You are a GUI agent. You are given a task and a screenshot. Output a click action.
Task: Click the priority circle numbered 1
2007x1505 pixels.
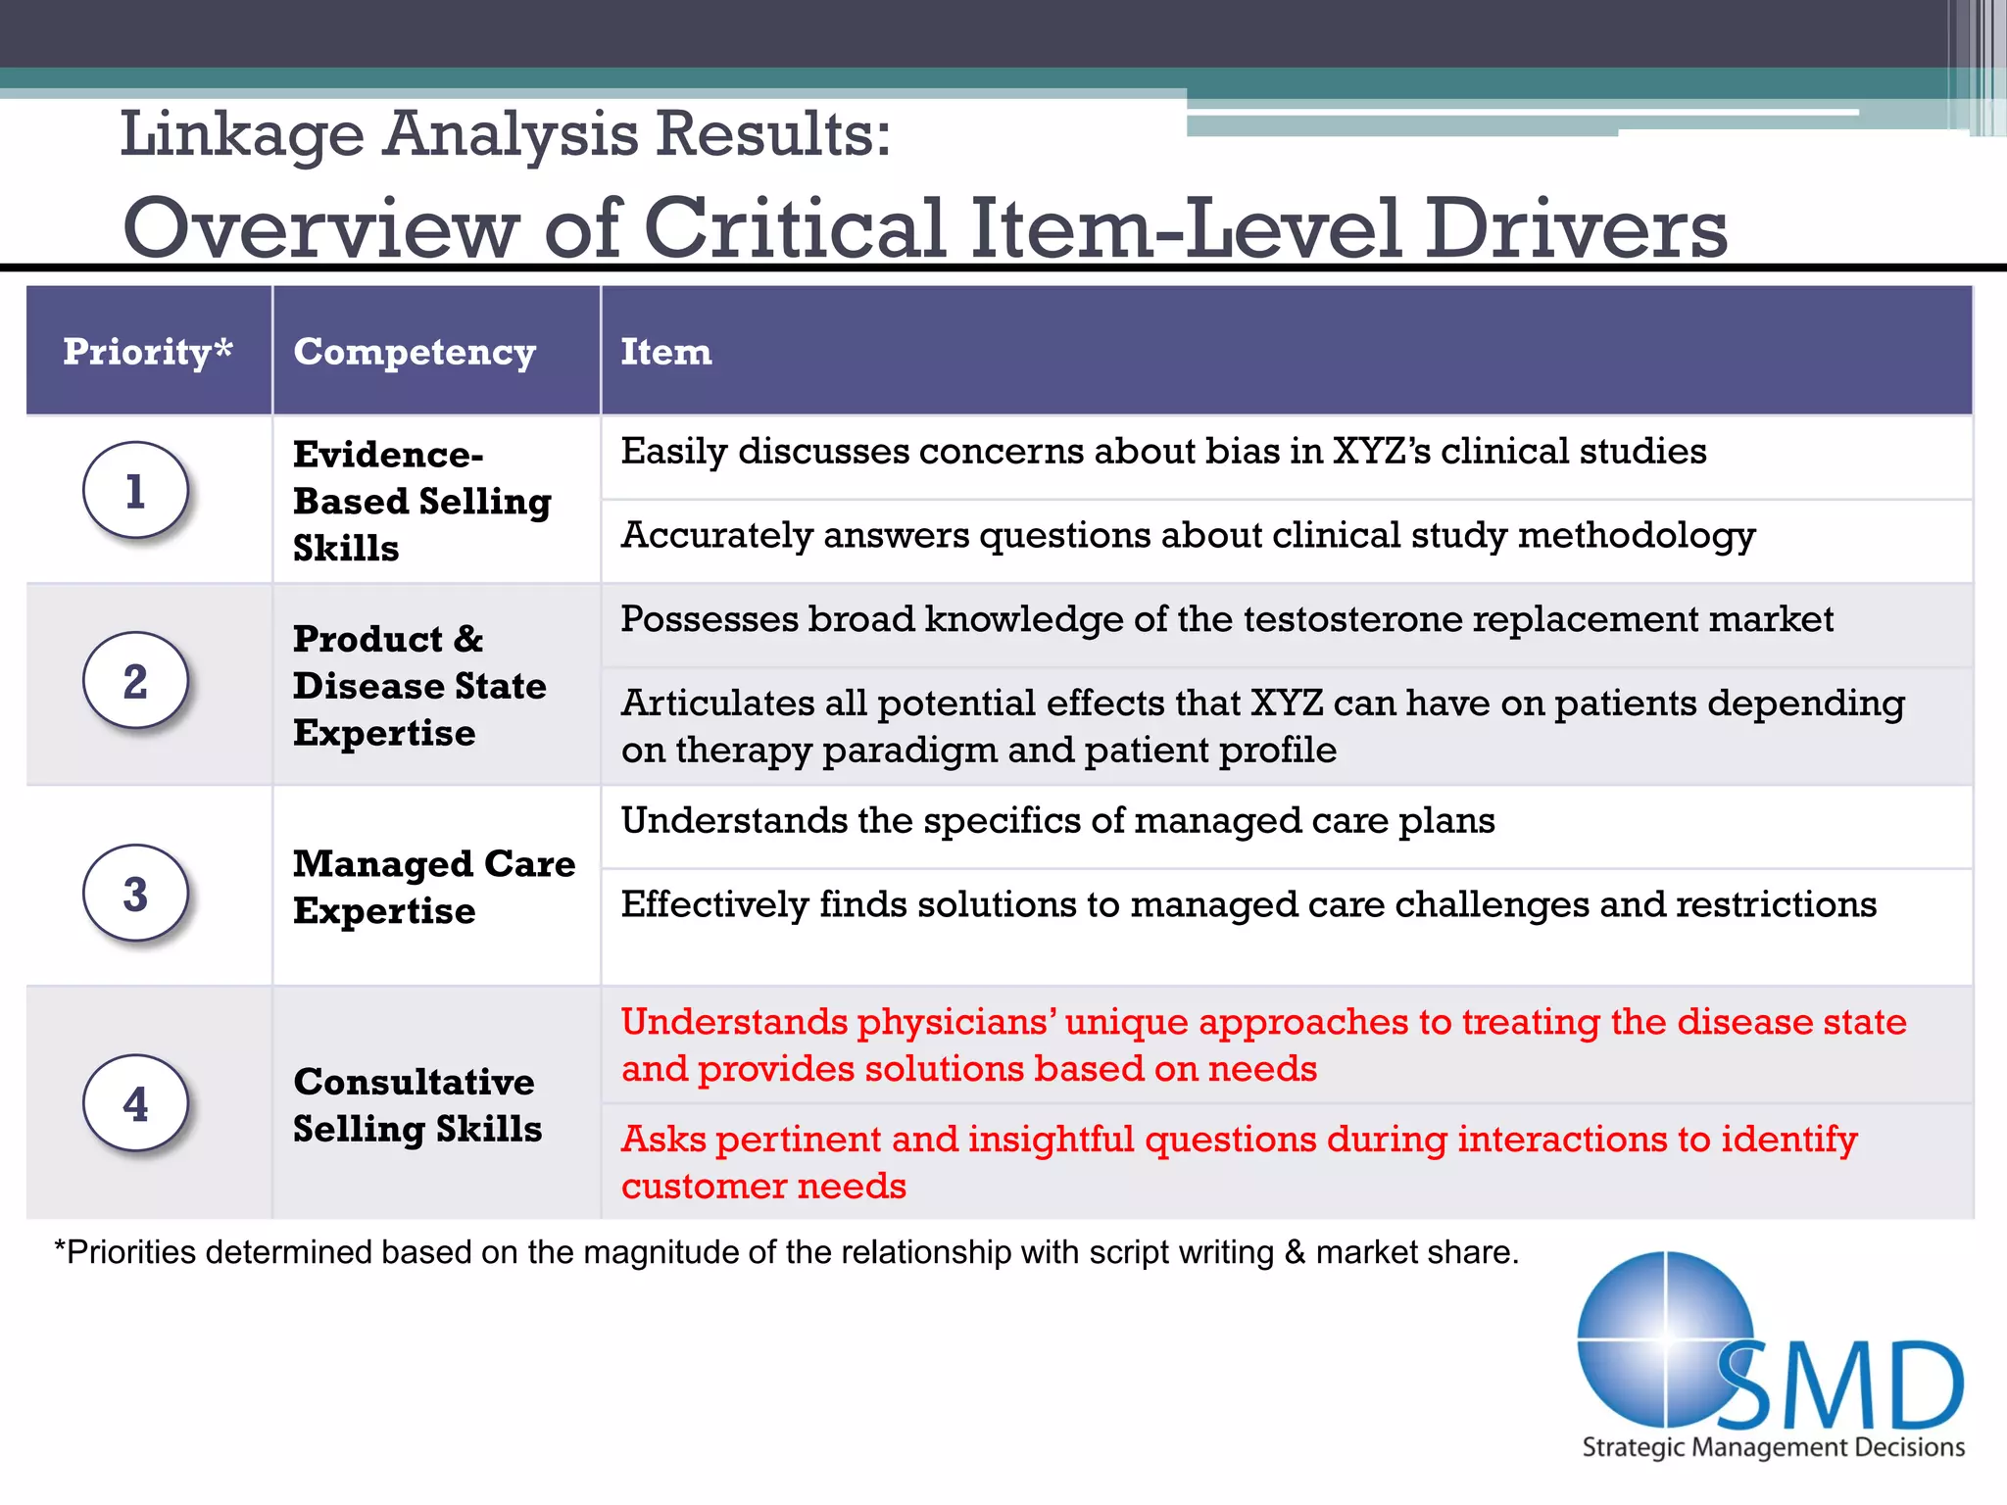coord(135,490)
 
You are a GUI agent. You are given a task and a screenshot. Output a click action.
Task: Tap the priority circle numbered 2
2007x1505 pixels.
coord(135,681)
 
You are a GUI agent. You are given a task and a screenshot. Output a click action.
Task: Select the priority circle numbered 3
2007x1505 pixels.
coord(135,894)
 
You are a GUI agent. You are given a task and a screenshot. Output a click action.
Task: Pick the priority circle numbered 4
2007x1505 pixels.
coord(135,1104)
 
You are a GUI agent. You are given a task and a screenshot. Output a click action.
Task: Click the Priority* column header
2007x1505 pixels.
coord(148,351)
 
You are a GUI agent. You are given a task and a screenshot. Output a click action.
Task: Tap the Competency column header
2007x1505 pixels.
coord(415,351)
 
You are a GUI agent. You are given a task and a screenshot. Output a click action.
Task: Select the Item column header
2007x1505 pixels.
coord(666,351)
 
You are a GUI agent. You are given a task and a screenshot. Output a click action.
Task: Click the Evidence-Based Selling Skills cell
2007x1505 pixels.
coord(421,501)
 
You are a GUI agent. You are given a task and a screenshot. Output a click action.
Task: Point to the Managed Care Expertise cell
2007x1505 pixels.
coord(434,887)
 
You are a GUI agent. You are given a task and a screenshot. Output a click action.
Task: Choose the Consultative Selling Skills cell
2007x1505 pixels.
coord(416,1104)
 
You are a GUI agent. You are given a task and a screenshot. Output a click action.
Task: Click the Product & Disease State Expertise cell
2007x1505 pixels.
coord(419,685)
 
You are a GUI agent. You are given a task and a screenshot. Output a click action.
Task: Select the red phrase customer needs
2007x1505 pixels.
coord(763,1187)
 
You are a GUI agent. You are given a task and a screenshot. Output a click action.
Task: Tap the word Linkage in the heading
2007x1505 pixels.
coord(241,134)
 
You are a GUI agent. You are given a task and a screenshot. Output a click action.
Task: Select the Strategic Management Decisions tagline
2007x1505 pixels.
coord(1773,1447)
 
